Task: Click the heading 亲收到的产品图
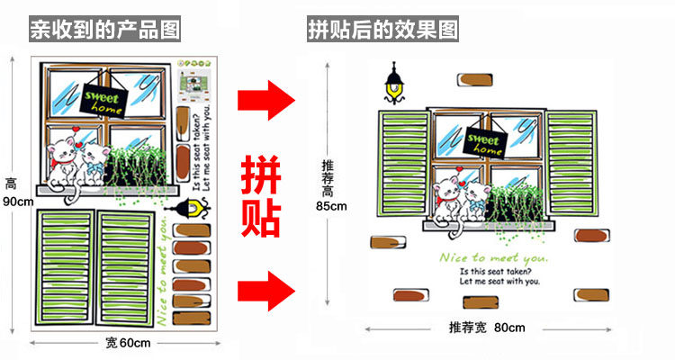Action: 104,30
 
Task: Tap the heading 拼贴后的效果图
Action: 383,30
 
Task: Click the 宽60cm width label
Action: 127,343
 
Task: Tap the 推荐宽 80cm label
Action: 486,328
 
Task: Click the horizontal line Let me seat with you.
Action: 499,282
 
